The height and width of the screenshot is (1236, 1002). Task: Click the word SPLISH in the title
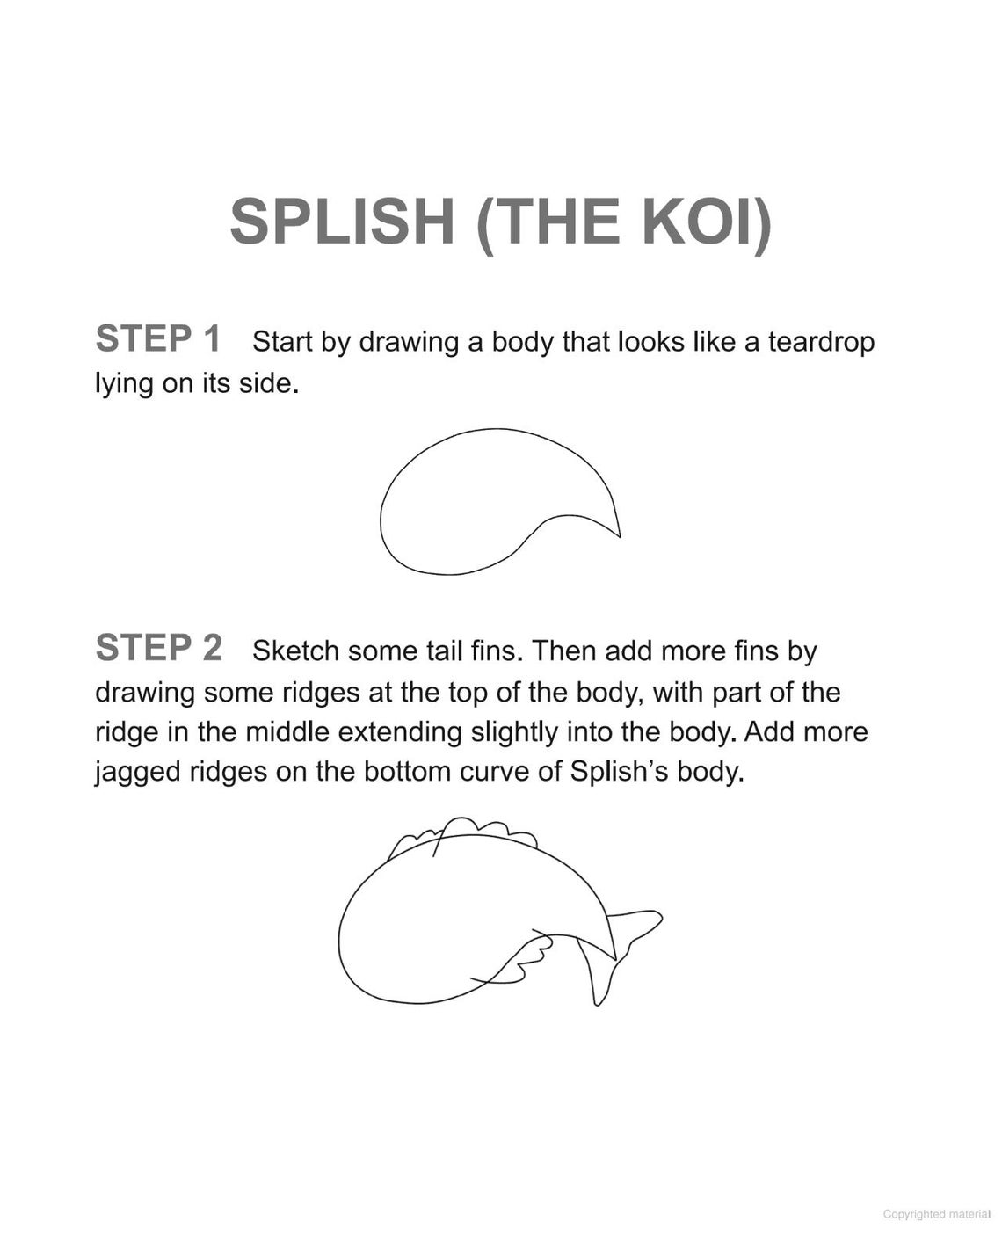(342, 221)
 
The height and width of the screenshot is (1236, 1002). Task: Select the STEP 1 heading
(158, 339)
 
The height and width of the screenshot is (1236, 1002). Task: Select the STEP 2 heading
(158, 649)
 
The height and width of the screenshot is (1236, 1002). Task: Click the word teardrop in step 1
(821, 342)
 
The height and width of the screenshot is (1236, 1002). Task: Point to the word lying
(124, 384)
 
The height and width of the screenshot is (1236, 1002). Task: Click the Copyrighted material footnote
(936, 1214)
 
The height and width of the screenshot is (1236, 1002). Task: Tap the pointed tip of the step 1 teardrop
(618, 533)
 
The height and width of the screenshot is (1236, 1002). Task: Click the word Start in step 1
(280, 342)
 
